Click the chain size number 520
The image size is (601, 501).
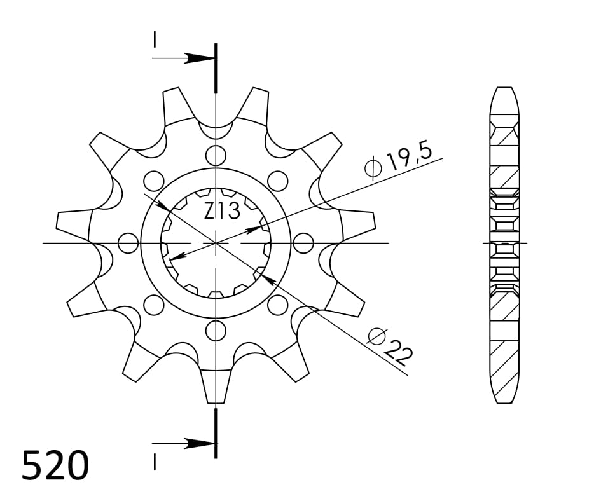[55, 466]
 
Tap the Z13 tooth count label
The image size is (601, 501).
[222, 210]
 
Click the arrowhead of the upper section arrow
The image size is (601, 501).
[202, 58]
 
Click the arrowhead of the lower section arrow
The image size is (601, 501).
[202, 443]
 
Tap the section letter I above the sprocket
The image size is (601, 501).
[154, 39]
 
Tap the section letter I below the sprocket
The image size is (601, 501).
[154, 462]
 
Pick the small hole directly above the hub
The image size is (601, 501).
[216, 154]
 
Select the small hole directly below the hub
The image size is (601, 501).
[216, 330]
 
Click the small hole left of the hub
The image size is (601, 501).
[128, 242]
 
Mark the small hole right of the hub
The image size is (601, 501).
[305, 242]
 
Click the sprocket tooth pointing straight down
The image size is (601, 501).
[216, 391]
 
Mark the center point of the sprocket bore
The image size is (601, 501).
[216, 242]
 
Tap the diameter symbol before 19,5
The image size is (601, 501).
[373, 168]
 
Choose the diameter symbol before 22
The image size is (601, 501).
[377, 336]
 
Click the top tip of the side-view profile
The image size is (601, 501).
[504, 88]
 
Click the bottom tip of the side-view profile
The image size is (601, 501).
[504, 402]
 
